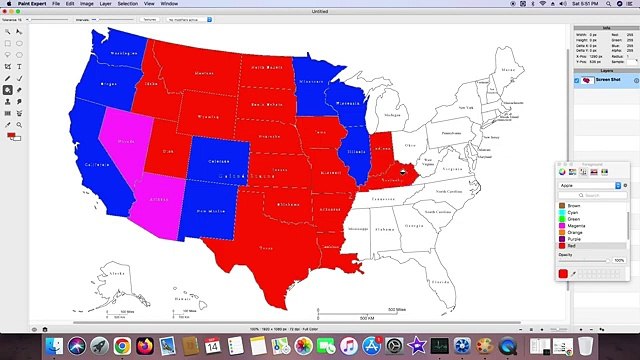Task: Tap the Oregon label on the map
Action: [109, 84]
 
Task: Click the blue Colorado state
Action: [219, 161]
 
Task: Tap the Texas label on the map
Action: [266, 246]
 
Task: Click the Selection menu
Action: [127, 4]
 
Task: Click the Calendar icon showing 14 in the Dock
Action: [212, 346]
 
